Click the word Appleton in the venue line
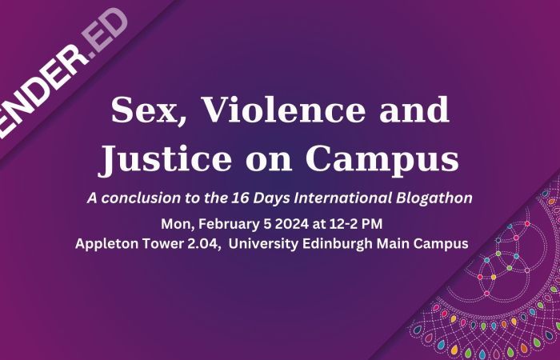click(107, 243)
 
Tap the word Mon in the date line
click(176, 222)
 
